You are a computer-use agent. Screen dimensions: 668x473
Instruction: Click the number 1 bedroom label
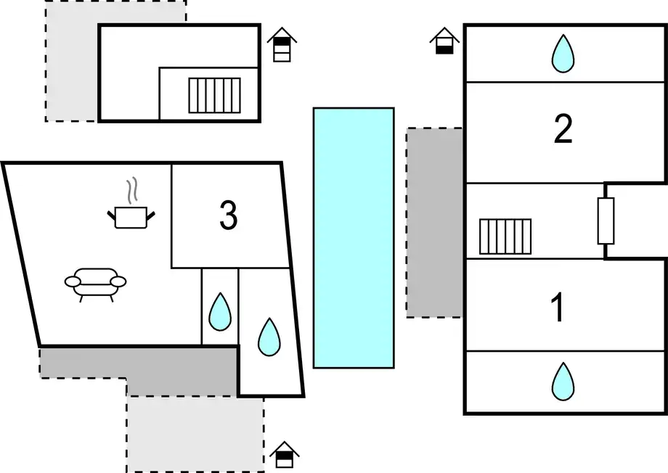(558, 307)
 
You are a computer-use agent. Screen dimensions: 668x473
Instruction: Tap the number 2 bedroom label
(563, 129)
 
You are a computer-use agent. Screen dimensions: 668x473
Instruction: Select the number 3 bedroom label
(228, 215)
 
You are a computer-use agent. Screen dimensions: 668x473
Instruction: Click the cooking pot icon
(131, 217)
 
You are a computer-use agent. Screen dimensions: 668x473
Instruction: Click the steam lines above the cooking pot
(133, 190)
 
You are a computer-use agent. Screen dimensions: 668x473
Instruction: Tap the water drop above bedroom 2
(563, 54)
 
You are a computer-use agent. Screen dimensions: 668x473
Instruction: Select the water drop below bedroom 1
(563, 382)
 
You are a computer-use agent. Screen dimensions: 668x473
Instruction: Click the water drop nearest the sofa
(220, 311)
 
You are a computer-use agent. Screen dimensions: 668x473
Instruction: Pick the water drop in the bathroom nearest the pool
(269, 337)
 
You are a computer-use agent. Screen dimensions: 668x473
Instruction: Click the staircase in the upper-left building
(215, 95)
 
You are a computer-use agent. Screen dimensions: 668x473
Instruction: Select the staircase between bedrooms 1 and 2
(505, 236)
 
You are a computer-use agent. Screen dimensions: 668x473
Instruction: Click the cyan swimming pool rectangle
(354, 237)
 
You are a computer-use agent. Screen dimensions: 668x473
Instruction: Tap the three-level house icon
(282, 45)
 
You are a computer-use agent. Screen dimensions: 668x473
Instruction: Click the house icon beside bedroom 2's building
(444, 41)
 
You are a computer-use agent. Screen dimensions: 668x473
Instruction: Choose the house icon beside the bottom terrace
(284, 455)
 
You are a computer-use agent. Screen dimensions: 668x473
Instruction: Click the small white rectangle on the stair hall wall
(606, 221)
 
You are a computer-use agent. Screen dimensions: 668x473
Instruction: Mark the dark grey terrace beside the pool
(434, 222)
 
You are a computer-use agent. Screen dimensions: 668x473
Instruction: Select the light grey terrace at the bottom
(195, 434)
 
